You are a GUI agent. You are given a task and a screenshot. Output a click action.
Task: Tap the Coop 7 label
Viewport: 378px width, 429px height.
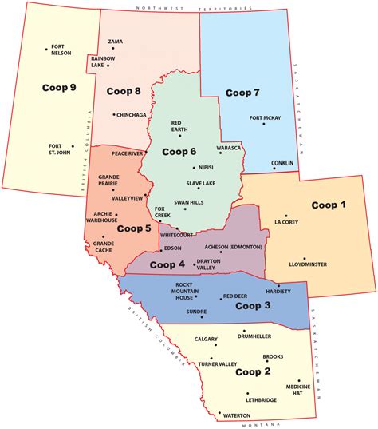click(x=242, y=93)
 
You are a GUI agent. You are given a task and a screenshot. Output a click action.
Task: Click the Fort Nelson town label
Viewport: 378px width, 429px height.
click(x=61, y=50)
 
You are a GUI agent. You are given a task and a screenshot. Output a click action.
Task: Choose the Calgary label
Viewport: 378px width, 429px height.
click(x=204, y=339)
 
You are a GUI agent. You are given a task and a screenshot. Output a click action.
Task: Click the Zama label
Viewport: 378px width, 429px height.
click(x=115, y=41)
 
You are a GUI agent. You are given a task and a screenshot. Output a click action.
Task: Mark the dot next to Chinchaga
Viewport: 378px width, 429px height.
click(x=112, y=115)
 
